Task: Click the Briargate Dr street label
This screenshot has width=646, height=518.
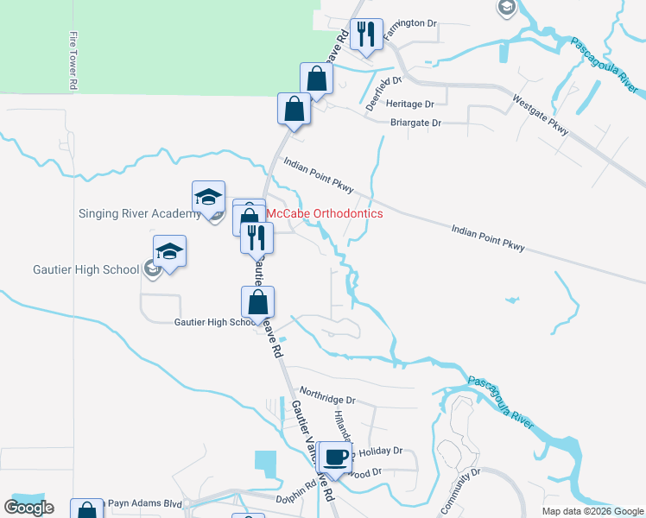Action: pos(415,123)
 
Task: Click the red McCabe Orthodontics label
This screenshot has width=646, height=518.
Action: pos(324,212)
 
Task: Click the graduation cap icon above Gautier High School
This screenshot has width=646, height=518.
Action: pos(169,251)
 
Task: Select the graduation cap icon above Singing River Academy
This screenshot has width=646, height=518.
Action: pos(208,197)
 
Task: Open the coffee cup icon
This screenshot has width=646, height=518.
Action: pos(336,456)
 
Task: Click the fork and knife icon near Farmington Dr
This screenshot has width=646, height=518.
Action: pos(366,35)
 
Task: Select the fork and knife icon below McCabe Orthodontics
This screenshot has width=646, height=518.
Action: pos(256,237)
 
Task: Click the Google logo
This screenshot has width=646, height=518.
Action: pos(28,508)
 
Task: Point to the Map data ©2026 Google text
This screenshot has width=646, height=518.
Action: pos(592,511)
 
